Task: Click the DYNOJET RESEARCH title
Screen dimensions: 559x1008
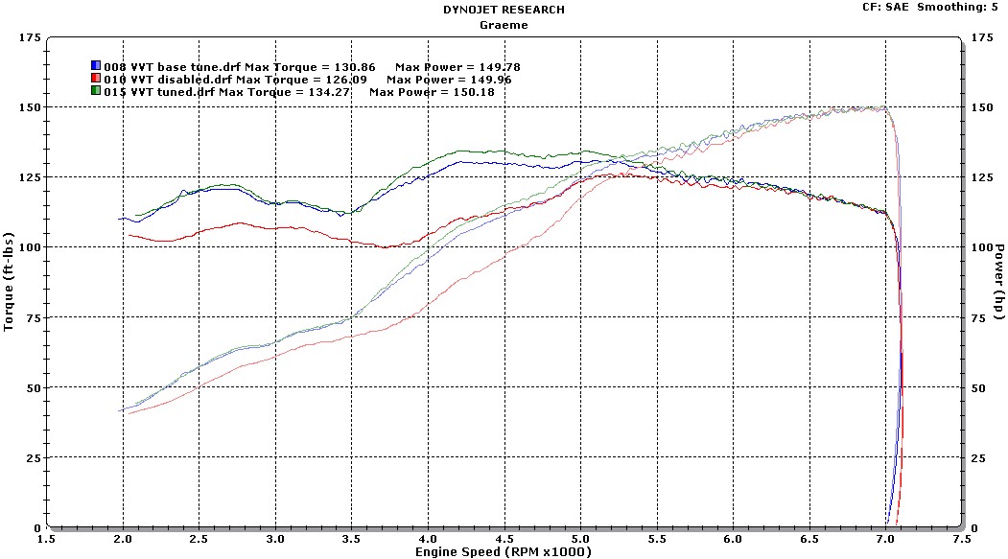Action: coord(503,10)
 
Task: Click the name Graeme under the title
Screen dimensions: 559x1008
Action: coord(503,25)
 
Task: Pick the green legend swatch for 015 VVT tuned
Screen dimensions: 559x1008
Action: coord(96,92)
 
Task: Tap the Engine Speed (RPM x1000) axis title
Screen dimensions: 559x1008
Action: coord(504,552)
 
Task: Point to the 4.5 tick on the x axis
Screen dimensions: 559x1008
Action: coord(504,539)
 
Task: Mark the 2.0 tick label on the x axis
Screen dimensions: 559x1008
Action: coord(124,539)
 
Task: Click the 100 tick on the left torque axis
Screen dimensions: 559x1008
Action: coord(32,247)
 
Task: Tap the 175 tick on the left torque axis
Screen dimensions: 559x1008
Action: coord(32,37)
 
